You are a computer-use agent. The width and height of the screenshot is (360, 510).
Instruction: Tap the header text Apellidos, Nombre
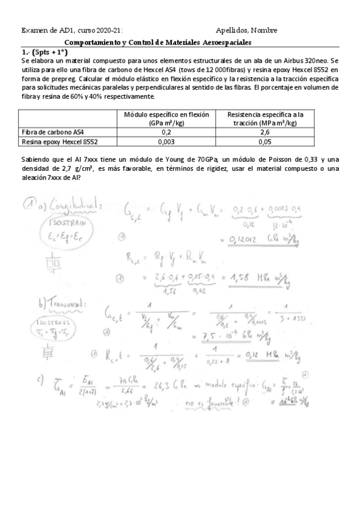(246, 31)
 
